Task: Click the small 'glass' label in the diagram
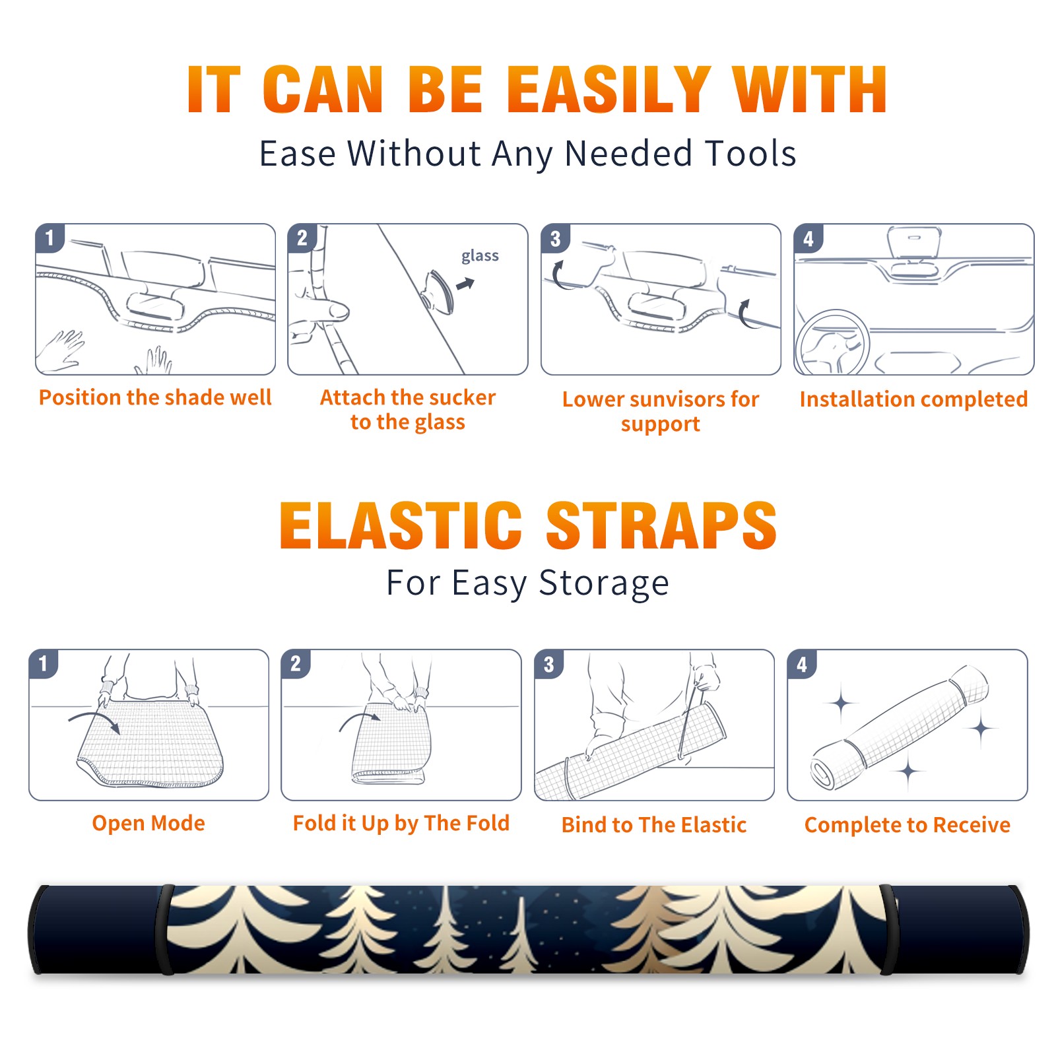tap(480, 256)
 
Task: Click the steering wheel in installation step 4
tap(832, 343)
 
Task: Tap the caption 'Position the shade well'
tap(155, 397)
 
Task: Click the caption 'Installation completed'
tap(913, 399)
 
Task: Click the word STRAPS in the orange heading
tap(661, 525)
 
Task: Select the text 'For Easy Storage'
tap(528, 583)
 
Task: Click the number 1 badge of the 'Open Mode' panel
tap(44, 663)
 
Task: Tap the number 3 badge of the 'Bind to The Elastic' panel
tap(549, 664)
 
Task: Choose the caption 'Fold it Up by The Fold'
tap(401, 823)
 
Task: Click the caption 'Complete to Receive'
tap(907, 825)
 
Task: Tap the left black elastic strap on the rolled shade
tap(166, 930)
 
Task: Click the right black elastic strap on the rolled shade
tap(887, 930)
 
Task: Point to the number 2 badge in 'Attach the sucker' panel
tap(302, 238)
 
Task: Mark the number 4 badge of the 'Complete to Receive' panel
tap(802, 664)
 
